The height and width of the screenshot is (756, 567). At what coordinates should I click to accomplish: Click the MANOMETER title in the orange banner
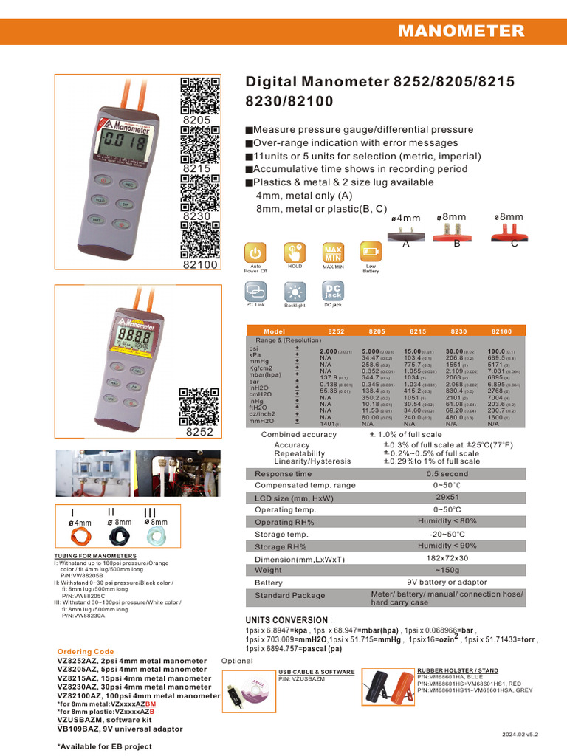pyautogui.click(x=461, y=31)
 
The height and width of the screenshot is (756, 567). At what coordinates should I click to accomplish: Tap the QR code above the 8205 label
pyautogui.click(x=200, y=94)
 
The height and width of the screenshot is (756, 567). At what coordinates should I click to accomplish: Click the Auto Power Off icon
pyautogui.click(x=255, y=252)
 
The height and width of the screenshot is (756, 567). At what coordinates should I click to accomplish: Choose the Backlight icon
pyautogui.click(x=295, y=290)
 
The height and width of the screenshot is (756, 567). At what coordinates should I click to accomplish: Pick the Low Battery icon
pyautogui.click(x=370, y=252)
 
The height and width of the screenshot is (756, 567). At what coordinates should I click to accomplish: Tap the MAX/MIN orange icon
pyautogui.click(x=333, y=252)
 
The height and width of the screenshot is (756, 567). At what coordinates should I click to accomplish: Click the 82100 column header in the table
pyautogui.click(x=501, y=332)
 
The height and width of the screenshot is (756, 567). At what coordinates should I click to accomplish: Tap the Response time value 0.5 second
pyautogui.click(x=447, y=474)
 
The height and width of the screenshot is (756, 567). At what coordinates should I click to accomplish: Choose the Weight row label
pyautogui.click(x=269, y=571)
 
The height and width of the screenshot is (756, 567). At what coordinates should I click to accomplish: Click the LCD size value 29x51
pyautogui.click(x=447, y=498)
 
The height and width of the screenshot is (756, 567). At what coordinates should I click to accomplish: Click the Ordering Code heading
pyautogui.click(x=86, y=652)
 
